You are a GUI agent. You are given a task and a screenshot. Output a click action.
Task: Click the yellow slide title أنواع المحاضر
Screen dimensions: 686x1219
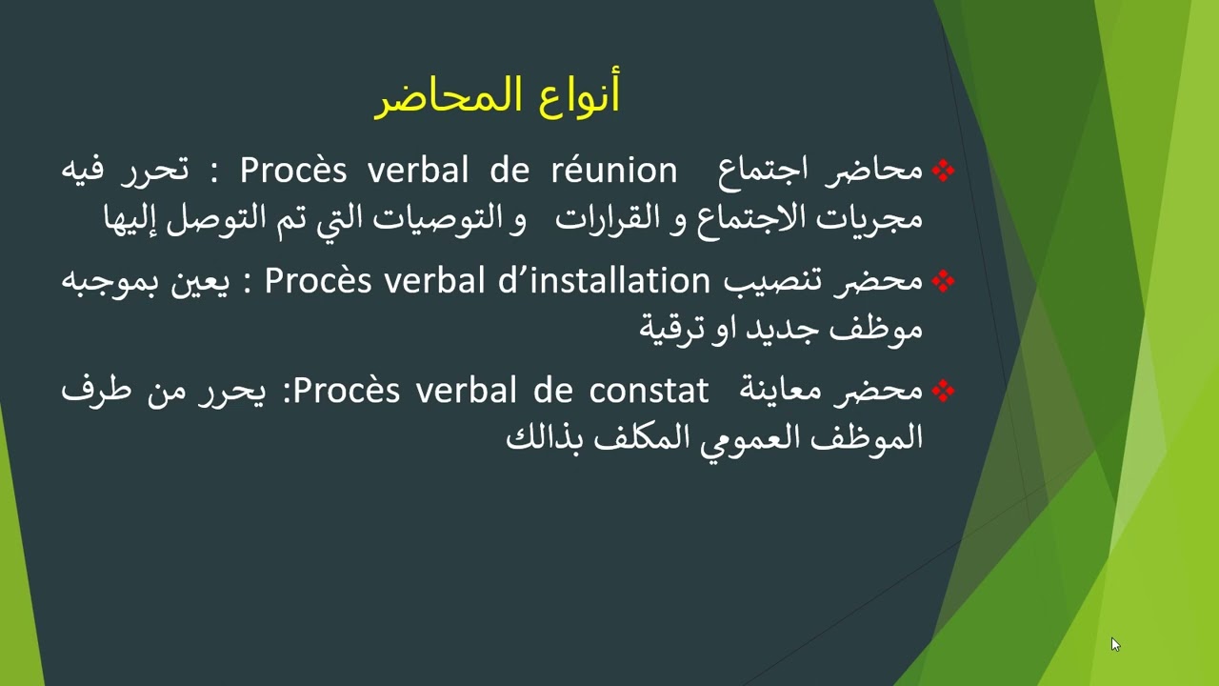(x=496, y=97)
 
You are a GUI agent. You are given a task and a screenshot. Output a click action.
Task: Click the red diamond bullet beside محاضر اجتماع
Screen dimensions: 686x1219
(x=943, y=171)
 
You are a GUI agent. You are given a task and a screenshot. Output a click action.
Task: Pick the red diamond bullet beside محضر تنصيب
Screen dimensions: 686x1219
(x=943, y=282)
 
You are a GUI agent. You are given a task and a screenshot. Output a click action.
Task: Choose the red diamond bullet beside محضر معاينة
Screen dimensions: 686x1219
(x=943, y=392)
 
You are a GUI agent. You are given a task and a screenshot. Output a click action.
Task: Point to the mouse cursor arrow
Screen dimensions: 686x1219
(x=1114, y=644)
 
